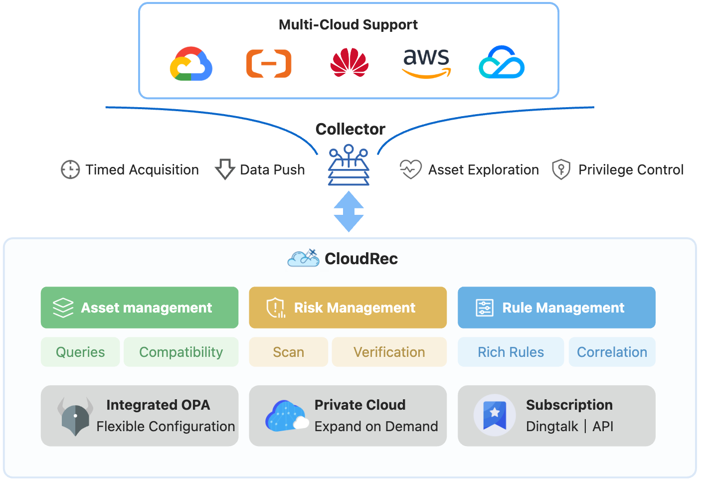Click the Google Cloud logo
coord(191,64)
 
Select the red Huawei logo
coord(350,63)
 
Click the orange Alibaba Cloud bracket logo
coord(269,64)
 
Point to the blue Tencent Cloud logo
coord(502,63)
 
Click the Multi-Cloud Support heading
coord(348,24)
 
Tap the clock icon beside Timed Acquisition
coord(70,169)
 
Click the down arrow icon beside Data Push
coord(225,169)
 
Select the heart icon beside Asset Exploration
coord(411,169)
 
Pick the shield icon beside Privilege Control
coord(561,169)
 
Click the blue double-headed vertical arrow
coord(349,211)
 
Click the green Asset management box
coord(140,308)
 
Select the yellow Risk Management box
coord(348,308)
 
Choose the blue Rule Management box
coord(556,308)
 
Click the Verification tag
coord(389,352)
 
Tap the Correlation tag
coord(612,352)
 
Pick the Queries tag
coord(80,352)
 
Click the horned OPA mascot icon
coord(75,416)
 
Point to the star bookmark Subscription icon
coord(495,415)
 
